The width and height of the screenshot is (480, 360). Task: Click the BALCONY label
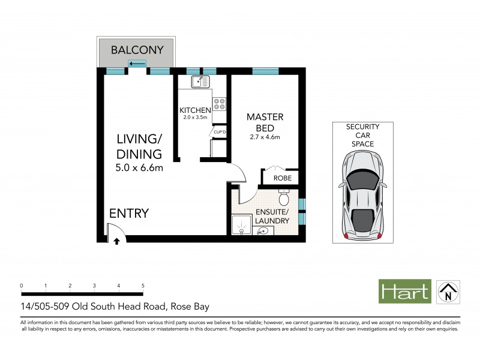(137, 50)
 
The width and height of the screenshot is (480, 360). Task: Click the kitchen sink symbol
(200, 82)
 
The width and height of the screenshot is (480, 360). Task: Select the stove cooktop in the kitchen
(220, 104)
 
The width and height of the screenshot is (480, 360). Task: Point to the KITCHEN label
(195, 110)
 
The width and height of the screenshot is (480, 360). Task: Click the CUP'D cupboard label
(219, 132)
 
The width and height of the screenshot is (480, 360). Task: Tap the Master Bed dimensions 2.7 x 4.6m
(265, 138)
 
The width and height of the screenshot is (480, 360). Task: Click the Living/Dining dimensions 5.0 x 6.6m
(140, 168)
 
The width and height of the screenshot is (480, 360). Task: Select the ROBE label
(282, 178)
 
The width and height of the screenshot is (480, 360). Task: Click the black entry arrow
(116, 241)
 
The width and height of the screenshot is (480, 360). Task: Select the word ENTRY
(128, 214)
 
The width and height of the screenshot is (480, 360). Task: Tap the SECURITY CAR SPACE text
(363, 136)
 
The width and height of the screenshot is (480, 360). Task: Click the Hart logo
(404, 292)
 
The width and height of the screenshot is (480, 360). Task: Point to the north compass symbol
(446, 292)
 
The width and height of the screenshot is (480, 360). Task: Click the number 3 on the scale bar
(94, 286)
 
